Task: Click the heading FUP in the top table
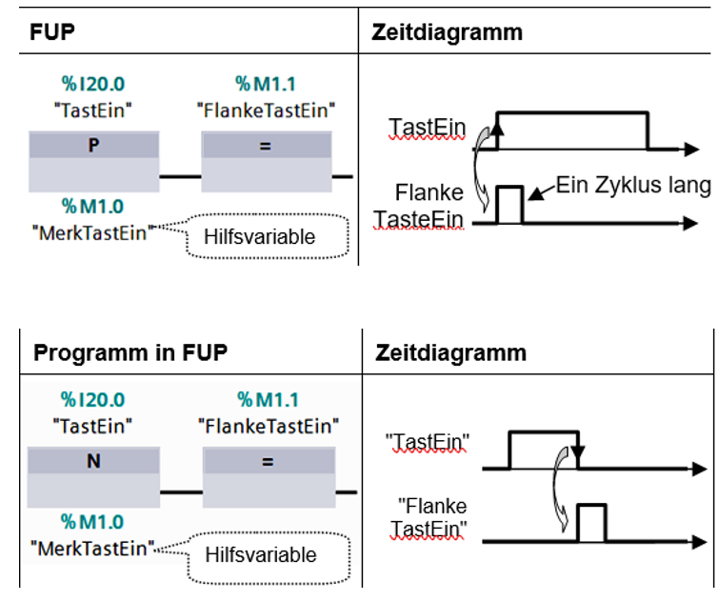[53, 31]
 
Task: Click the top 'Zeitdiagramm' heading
[447, 31]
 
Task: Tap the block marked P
[93, 146]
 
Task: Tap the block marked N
[93, 462]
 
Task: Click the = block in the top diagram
[266, 146]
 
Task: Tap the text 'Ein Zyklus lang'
[633, 185]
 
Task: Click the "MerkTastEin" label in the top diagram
[92, 230]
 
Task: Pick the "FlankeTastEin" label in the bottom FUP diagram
[268, 425]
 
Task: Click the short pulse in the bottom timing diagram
[592, 524]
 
